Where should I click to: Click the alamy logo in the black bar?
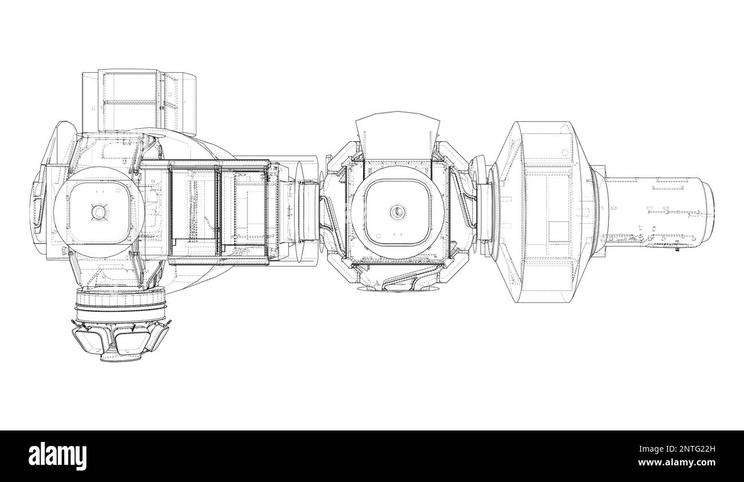click(57, 456)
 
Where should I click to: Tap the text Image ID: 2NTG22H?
click(677, 449)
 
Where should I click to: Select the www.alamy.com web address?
click(676, 463)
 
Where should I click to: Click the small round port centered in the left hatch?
click(99, 212)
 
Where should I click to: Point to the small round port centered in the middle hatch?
click(398, 211)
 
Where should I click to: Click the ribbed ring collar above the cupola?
click(120, 303)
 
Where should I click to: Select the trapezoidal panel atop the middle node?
click(398, 136)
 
